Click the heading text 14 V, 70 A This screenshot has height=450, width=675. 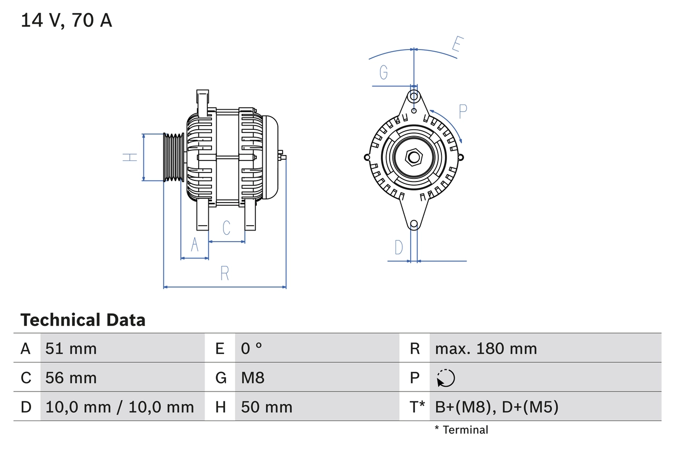point(66,21)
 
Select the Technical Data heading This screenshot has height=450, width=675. point(83,320)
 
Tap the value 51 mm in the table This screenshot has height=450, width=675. point(71,348)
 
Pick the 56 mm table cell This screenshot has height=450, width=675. point(71,378)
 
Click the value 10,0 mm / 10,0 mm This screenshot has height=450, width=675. point(120,407)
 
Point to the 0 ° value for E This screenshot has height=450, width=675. point(252,348)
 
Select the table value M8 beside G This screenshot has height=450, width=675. point(253,378)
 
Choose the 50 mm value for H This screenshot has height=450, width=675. point(266,407)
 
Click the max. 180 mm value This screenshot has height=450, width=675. point(486,348)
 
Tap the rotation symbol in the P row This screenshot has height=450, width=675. point(446,378)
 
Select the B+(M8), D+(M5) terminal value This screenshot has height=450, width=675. point(496,407)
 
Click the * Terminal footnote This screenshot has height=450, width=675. point(461,430)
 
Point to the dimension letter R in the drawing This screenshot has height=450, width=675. point(225,273)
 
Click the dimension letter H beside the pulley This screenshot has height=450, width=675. point(130,157)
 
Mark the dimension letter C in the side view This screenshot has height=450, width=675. point(226,228)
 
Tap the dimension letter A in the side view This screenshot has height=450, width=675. point(195,245)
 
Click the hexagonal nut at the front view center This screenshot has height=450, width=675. point(414,157)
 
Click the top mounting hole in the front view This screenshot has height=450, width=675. point(414,97)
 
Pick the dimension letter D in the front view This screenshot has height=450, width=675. point(399,247)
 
